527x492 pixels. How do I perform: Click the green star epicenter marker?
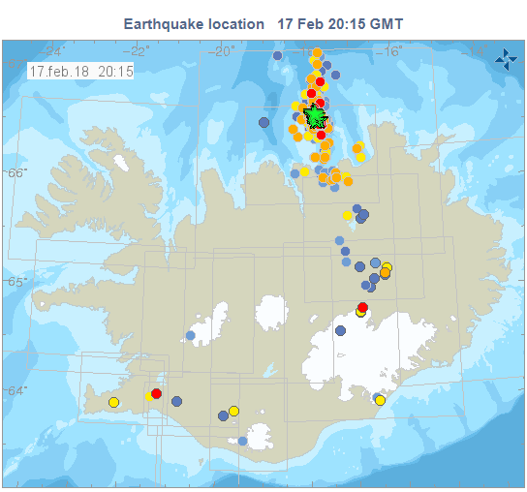[x=315, y=117]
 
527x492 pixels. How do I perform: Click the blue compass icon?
[x=505, y=60]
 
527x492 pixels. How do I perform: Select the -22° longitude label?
[x=139, y=51]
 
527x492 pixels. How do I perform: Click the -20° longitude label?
[x=224, y=51]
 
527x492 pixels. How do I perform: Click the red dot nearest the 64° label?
[x=156, y=393]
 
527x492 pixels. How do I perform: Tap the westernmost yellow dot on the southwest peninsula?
[x=113, y=402]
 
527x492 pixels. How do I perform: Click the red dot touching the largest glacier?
[x=362, y=307]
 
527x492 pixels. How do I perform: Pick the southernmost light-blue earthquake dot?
[x=243, y=442]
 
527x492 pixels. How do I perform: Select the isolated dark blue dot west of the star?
[x=263, y=122]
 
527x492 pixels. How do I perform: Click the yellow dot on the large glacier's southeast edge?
[x=380, y=400]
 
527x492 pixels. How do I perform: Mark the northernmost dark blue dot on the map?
[x=278, y=55]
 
